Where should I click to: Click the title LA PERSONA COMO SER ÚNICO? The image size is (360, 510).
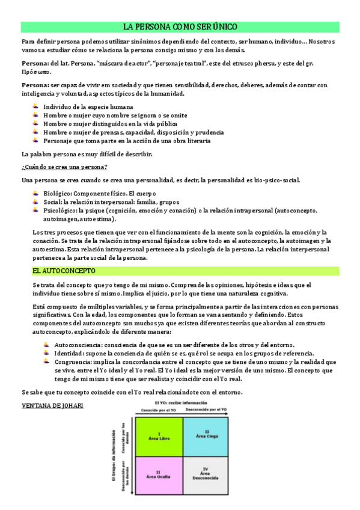pos(180,27)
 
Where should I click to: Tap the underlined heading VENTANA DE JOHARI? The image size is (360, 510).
pos(52,405)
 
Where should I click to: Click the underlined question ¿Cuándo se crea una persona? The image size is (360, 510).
pos(64,167)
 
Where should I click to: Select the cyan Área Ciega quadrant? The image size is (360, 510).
pos(206,434)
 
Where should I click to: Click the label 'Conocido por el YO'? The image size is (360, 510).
pos(159,409)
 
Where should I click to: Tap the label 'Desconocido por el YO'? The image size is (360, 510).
pos(206,409)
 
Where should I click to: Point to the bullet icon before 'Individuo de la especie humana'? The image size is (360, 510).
pos(35,106)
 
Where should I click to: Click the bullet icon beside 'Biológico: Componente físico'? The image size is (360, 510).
pos(35,194)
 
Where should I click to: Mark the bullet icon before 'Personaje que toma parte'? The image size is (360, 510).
pos(35,141)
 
